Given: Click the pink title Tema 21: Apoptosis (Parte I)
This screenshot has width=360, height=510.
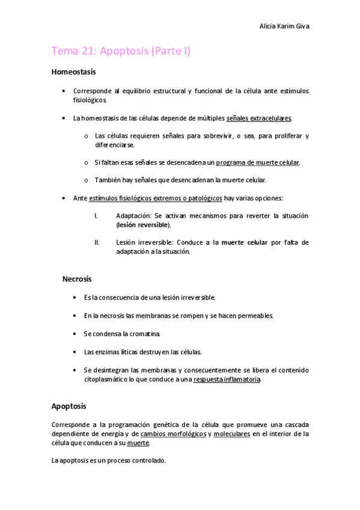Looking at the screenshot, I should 121,52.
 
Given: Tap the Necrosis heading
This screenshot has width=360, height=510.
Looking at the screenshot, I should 77,279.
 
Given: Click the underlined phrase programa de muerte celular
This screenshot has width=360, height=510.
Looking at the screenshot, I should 257,162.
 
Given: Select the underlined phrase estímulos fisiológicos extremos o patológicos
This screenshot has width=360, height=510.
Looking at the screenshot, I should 155,198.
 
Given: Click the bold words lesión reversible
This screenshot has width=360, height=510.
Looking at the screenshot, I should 144,225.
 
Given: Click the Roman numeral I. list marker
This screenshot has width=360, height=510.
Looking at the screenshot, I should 96,215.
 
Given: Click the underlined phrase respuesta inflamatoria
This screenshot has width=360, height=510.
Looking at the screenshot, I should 227,379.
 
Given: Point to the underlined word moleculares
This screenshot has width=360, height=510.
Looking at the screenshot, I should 231,434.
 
